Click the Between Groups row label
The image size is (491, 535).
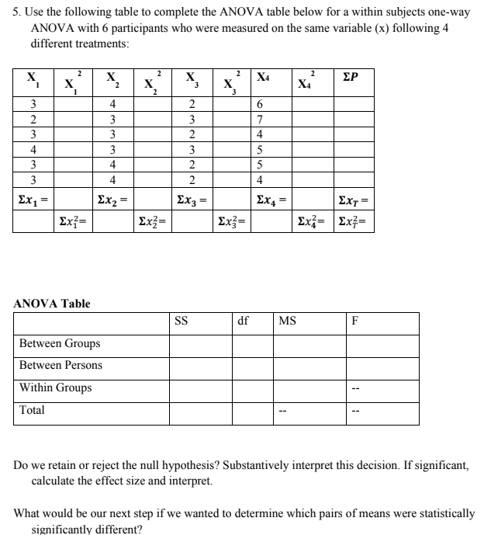(60, 343)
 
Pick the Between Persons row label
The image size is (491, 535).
(61, 365)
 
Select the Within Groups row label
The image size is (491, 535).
(55, 387)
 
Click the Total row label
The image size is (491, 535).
(32, 409)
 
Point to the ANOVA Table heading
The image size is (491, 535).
(52, 303)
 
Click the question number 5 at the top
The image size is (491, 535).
(18, 13)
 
